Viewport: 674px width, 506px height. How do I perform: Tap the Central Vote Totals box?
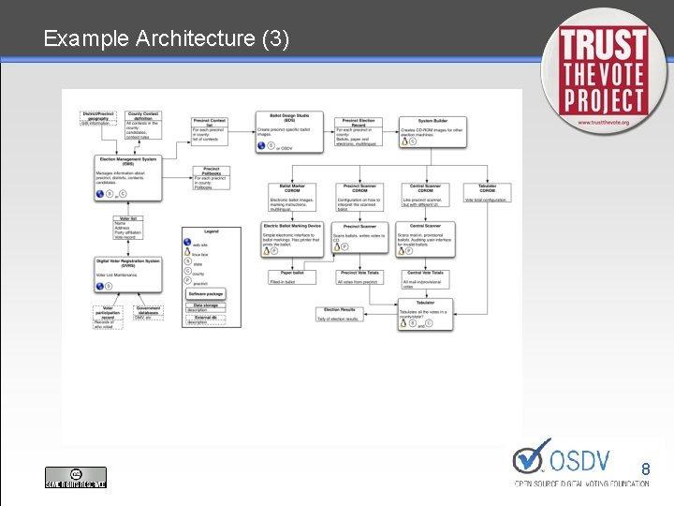pos(426,278)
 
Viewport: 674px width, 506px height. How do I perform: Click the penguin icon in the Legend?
pos(188,252)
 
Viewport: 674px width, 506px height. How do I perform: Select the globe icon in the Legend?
pos(188,244)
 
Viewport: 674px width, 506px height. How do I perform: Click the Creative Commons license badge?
pos(76,477)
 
